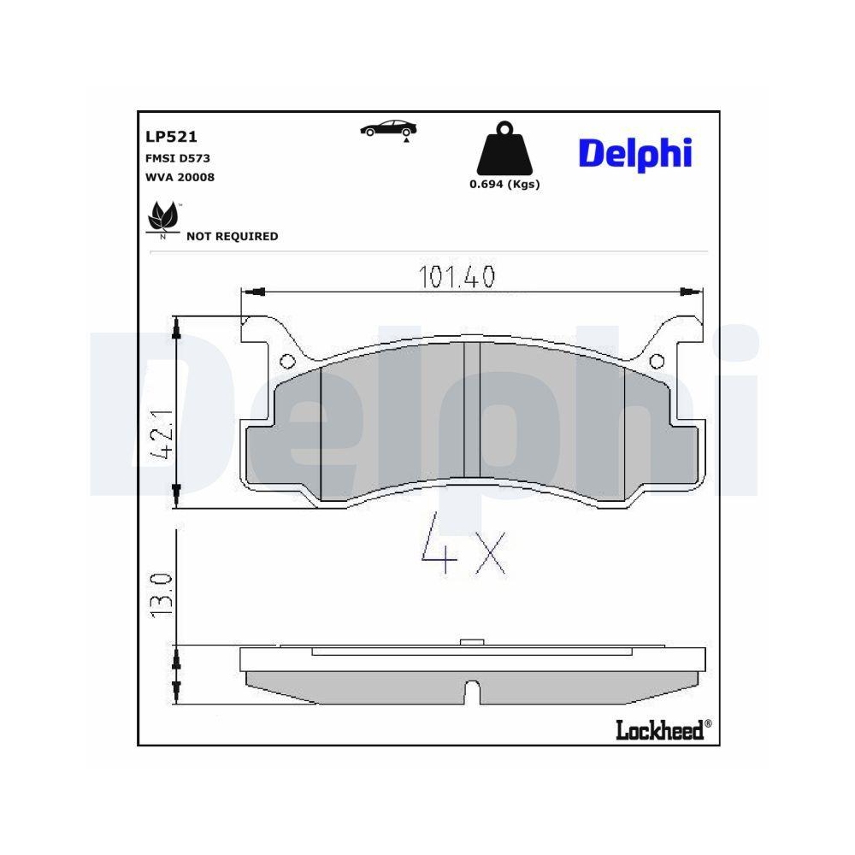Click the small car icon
pyautogui.click(x=388, y=128)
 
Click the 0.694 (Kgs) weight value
pyautogui.click(x=504, y=185)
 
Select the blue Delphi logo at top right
pyautogui.click(x=635, y=153)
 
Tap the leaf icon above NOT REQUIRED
pyautogui.click(x=162, y=216)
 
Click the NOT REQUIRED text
pyautogui.click(x=232, y=236)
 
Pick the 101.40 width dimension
pyautogui.click(x=457, y=276)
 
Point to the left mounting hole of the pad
pyautogui.click(x=286, y=361)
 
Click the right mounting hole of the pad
pyautogui.click(x=656, y=361)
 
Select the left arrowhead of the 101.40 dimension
pyautogui.click(x=252, y=293)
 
